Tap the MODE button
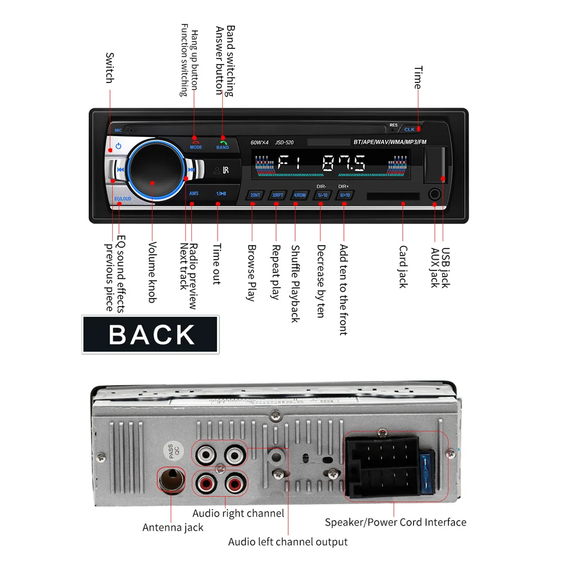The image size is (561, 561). (x=196, y=144)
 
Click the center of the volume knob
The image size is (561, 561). (x=153, y=168)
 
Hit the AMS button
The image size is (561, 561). (x=194, y=194)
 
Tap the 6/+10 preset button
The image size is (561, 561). (x=344, y=195)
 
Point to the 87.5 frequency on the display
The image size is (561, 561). (x=343, y=163)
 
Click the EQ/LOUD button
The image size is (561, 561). (x=122, y=198)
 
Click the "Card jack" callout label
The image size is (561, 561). (x=403, y=266)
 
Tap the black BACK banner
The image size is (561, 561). (x=150, y=334)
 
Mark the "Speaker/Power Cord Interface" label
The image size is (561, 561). (x=396, y=522)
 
